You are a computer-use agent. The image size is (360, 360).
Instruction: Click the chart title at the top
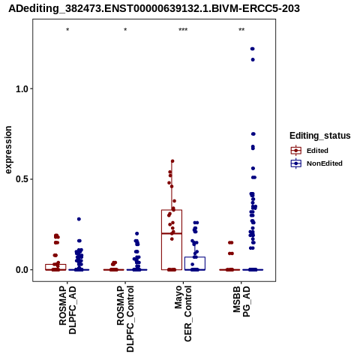[x=154, y=8]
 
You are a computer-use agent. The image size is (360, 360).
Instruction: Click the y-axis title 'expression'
[x=8, y=150]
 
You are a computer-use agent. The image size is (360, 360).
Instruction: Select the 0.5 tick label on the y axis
[x=22, y=179]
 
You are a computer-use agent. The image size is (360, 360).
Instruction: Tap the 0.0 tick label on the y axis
[x=22, y=270]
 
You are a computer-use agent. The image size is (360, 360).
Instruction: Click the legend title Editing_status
[x=320, y=136]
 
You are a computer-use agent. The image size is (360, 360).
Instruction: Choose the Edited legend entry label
[x=317, y=151]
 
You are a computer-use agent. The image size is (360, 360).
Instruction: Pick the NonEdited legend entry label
[x=325, y=163]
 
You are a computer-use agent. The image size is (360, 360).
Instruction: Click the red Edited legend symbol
[x=296, y=151]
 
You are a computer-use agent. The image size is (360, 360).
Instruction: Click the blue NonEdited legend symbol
[x=296, y=163]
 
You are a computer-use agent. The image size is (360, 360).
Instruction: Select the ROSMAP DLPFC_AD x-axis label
[x=67, y=310]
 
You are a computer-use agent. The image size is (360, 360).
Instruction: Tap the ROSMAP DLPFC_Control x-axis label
[x=125, y=319]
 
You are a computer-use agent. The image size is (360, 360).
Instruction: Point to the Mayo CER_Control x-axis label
[x=183, y=313]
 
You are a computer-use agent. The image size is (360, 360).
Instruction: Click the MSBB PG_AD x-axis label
[x=241, y=301]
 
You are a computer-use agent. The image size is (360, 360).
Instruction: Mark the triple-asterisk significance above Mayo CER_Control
[x=183, y=30]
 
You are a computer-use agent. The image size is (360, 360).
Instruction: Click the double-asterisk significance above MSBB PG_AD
[x=241, y=30]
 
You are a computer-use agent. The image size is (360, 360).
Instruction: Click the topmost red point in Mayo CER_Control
[x=172, y=161]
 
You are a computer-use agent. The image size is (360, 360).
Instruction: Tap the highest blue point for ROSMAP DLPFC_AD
[x=79, y=219]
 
